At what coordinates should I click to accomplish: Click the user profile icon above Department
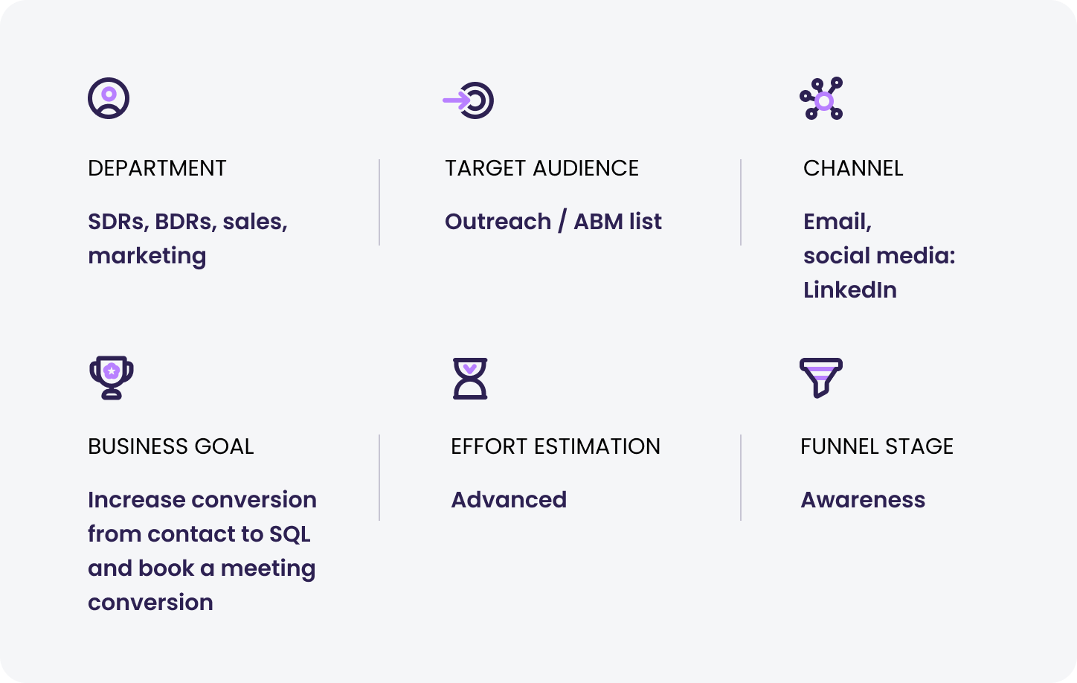(109, 98)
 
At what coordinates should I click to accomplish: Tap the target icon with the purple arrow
(469, 100)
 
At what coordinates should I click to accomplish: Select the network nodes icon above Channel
(822, 98)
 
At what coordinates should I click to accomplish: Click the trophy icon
(112, 377)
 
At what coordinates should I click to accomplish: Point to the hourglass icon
(470, 379)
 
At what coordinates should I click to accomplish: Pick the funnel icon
(821, 377)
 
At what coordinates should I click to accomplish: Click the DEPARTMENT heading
(157, 168)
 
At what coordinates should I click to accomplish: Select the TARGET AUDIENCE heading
(542, 168)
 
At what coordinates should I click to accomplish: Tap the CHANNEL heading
(853, 168)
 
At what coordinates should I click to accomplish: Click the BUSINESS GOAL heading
(170, 446)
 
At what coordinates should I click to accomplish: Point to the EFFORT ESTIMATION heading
(556, 446)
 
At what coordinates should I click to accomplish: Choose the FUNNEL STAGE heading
(877, 446)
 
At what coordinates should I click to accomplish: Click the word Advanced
(509, 500)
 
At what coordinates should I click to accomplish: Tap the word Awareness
(863, 500)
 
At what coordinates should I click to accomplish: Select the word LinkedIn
(850, 290)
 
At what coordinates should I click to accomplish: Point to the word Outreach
(498, 222)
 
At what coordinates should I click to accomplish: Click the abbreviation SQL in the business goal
(289, 534)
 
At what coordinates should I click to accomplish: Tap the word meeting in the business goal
(268, 569)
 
